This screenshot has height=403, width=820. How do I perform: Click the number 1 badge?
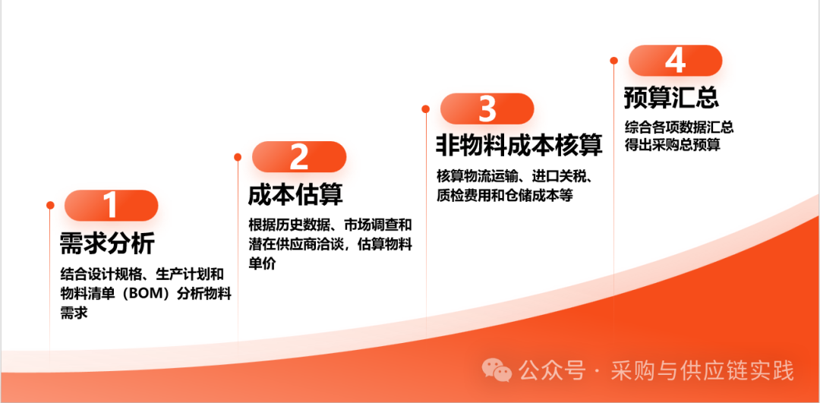coord(111,205)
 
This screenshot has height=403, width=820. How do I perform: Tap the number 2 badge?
coord(298,157)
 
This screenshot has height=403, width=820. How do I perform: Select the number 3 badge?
coord(487,109)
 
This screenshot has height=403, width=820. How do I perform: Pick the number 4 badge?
coord(675,61)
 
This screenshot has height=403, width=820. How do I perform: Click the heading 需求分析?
coord(107,243)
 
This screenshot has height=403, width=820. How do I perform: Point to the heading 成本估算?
coord(295,195)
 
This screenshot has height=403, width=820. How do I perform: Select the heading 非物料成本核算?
coord(519,145)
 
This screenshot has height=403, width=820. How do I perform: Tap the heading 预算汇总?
coord(671,97)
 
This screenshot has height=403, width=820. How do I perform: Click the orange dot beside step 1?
coord(50,205)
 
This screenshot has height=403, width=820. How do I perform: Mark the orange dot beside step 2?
coord(238,157)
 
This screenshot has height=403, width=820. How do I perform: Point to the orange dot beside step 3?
coord(426,109)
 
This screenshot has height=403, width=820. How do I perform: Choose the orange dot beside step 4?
coord(614,61)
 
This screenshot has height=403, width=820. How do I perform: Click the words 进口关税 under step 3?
coord(560,176)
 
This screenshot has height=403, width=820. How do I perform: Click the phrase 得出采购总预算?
coord(673,145)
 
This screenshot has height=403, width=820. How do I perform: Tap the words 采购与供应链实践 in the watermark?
coord(702,370)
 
